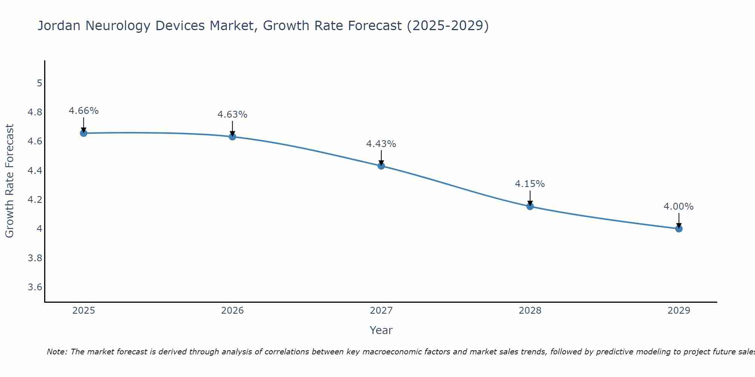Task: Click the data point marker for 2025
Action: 83,133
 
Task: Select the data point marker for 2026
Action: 232,136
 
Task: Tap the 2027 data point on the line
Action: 381,166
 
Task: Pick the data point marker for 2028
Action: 530,206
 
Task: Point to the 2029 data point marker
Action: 678,228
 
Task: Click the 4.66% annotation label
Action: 83,111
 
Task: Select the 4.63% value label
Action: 232,115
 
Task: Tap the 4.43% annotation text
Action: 381,144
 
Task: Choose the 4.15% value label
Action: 530,184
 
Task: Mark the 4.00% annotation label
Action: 678,207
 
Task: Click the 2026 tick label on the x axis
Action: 232,311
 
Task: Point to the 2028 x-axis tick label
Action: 530,311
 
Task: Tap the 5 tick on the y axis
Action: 39,83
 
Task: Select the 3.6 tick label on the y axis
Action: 35,287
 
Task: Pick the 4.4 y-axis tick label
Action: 35,171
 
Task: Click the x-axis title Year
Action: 381,330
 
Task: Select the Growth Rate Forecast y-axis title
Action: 9,181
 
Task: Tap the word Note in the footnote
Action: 57,352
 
